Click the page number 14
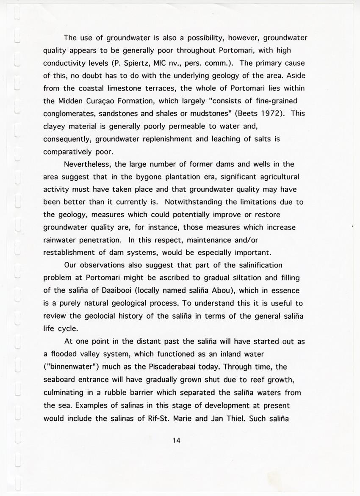click(177, 441)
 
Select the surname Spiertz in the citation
click(146, 63)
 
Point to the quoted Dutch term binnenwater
click(71, 367)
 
